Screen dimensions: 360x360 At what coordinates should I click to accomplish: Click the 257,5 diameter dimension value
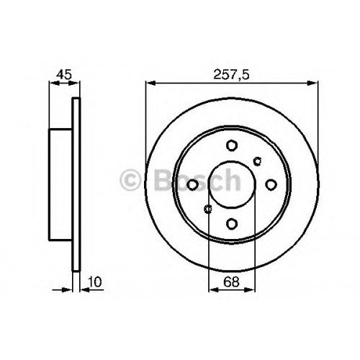(x=232, y=74)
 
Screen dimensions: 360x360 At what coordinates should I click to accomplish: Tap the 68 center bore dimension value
(x=232, y=282)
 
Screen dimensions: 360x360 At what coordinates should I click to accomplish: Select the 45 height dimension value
(x=64, y=74)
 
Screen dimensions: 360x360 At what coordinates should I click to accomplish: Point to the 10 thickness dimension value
(x=95, y=282)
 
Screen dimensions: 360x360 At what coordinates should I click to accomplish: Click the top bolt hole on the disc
(x=232, y=145)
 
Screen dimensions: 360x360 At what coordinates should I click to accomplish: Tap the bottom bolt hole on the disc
(x=232, y=224)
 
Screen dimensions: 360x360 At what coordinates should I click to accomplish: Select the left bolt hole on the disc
(x=192, y=185)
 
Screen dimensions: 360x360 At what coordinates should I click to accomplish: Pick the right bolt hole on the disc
(x=271, y=185)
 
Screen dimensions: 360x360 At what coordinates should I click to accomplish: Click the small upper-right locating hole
(x=258, y=161)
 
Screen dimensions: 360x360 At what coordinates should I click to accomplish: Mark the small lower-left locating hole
(x=208, y=209)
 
